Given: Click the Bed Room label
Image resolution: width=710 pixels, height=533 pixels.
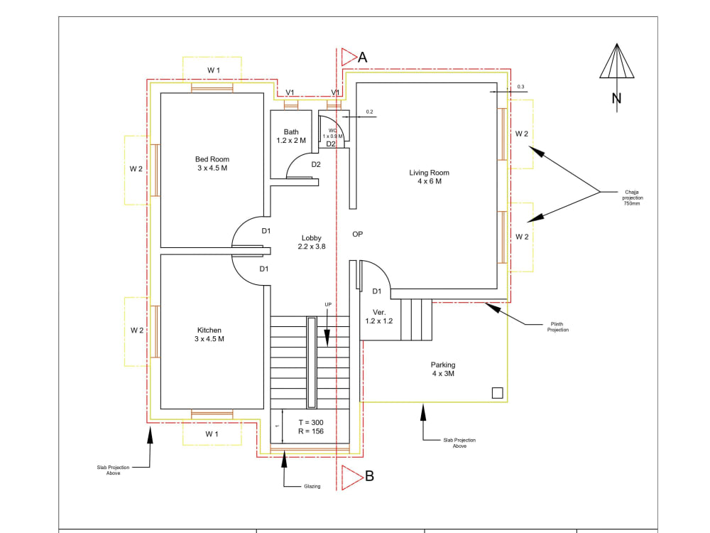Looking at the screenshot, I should click(x=212, y=163).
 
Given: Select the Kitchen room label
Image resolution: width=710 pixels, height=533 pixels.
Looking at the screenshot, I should click(x=209, y=335).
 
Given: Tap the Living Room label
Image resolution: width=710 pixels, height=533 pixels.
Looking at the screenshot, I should click(x=429, y=177).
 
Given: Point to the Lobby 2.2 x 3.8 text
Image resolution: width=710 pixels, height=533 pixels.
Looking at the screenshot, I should click(x=312, y=242).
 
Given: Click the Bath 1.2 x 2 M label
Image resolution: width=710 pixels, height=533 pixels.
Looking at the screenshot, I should click(x=291, y=136).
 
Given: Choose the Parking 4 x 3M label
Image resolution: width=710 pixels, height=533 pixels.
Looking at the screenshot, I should click(x=443, y=370).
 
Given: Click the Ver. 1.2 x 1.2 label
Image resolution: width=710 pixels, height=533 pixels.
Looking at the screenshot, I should click(x=378, y=316).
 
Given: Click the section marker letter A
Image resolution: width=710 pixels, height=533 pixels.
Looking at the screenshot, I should click(x=362, y=58).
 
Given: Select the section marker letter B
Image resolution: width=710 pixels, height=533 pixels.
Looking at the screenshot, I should click(x=369, y=476).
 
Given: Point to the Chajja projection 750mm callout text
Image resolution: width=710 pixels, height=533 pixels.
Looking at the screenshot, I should click(x=633, y=198).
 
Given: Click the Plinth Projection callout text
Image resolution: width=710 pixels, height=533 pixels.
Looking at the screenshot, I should click(x=557, y=327).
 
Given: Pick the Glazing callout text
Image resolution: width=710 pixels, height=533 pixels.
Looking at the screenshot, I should click(x=312, y=486).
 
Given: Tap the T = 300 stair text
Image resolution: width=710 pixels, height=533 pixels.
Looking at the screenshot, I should click(x=310, y=422).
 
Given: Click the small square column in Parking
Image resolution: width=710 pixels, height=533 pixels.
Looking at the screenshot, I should click(x=497, y=392).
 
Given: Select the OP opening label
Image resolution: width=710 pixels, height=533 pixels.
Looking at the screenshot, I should click(x=358, y=233).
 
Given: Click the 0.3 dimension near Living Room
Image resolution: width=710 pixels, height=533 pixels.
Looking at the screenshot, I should click(x=520, y=87).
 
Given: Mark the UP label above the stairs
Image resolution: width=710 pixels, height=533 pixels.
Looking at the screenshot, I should click(x=328, y=305).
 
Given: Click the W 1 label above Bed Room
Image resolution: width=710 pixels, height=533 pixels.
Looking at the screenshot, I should click(x=213, y=70).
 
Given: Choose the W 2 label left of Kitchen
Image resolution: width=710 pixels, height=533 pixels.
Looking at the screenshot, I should click(x=137, y=330).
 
